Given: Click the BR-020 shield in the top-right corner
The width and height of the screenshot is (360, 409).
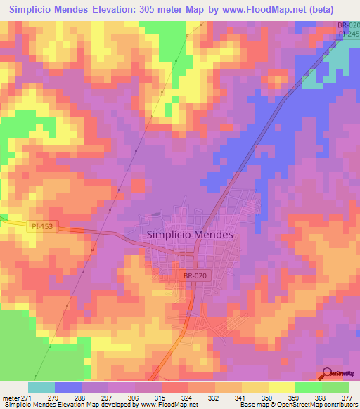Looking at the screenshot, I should click(348, 25).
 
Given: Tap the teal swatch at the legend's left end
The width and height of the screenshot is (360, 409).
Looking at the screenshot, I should click(41, 387).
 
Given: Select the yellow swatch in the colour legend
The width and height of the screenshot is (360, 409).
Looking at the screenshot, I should click(255, 387).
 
